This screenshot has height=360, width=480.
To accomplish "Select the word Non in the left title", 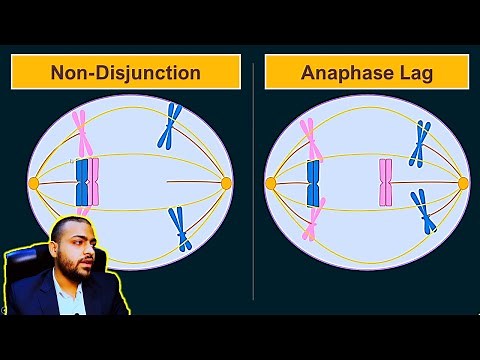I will click(71, 73).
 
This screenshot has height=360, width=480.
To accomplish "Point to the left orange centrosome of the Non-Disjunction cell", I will click(34, 183).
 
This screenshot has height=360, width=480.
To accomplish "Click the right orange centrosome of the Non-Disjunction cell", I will click(225, 183).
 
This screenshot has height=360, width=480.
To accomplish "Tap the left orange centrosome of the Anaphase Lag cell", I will click(270, 183).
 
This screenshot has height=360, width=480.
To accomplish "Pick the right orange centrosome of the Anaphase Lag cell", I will click(462, 183).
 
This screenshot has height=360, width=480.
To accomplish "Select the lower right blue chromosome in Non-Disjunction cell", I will click(180, 227).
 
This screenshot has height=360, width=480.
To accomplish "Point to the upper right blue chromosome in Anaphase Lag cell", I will click(421, 142).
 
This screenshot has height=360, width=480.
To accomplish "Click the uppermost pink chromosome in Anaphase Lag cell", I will click(312, 138).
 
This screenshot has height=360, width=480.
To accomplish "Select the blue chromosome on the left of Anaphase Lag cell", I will click(313, 182).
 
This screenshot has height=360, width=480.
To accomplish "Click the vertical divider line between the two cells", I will click(253, 180).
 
